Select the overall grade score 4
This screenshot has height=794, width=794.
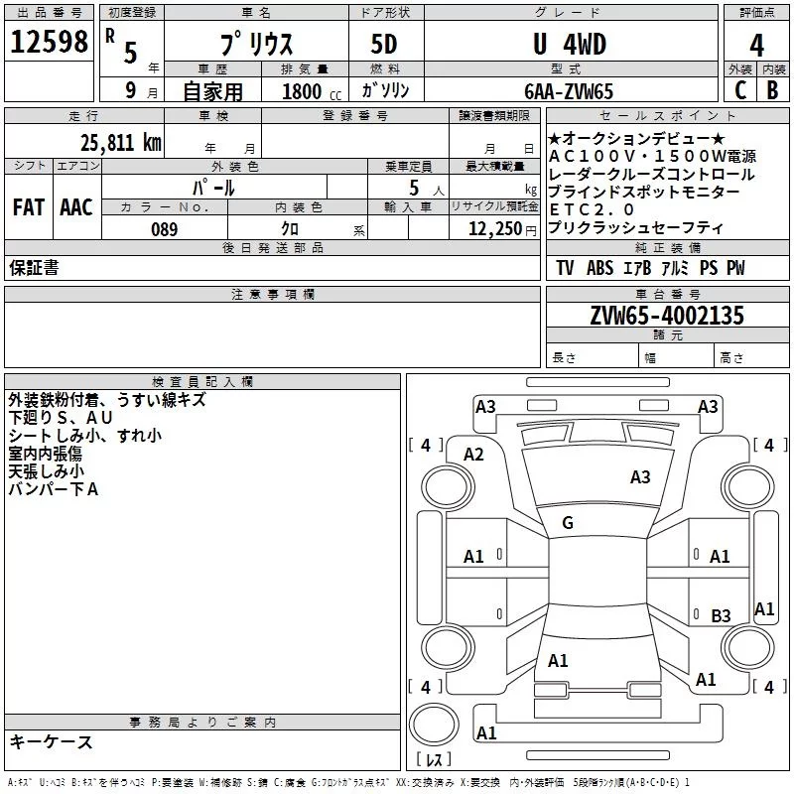tap(757, 45)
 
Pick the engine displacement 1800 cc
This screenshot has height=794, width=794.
tap(302, 91)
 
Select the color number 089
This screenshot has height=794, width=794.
tap(164, 229)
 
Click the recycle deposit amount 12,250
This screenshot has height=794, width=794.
tap(493, 229)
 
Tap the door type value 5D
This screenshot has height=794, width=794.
tap(383, 45)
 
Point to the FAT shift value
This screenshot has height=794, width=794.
tap(29, 207)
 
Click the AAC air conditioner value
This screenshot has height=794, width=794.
tap(76, 207)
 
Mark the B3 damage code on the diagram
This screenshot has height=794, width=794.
tap(722, 616)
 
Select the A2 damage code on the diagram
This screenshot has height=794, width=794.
tap(473, 455)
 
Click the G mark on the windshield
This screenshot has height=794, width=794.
tap(568, 523)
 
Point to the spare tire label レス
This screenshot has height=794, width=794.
tap(434, 760)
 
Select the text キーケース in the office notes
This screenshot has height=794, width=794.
tap(52, 741)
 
